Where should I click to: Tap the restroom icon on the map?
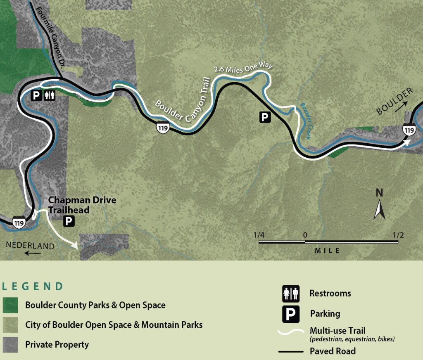click(x=50, y=95)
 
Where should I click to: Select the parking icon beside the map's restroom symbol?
click(x=37, y=95)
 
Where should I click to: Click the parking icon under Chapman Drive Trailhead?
click(x=69, y=221)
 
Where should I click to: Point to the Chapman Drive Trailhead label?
click(x=82, y=205)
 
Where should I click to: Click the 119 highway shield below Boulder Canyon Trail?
click(x=162, y=128)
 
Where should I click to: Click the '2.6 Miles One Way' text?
click(x=244, y=68)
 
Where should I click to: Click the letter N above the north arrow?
click(x=379, y=193)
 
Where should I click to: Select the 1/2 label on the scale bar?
click(x=398, y=235)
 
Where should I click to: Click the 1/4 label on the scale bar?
click(x=259, y=235)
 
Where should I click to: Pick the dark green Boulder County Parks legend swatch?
click(x=10, y=306)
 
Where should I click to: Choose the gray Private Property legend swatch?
click(x=10, y=344)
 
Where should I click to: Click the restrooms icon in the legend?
click(x=291, y=294)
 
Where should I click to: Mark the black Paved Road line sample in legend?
click(x=292, y=352)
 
